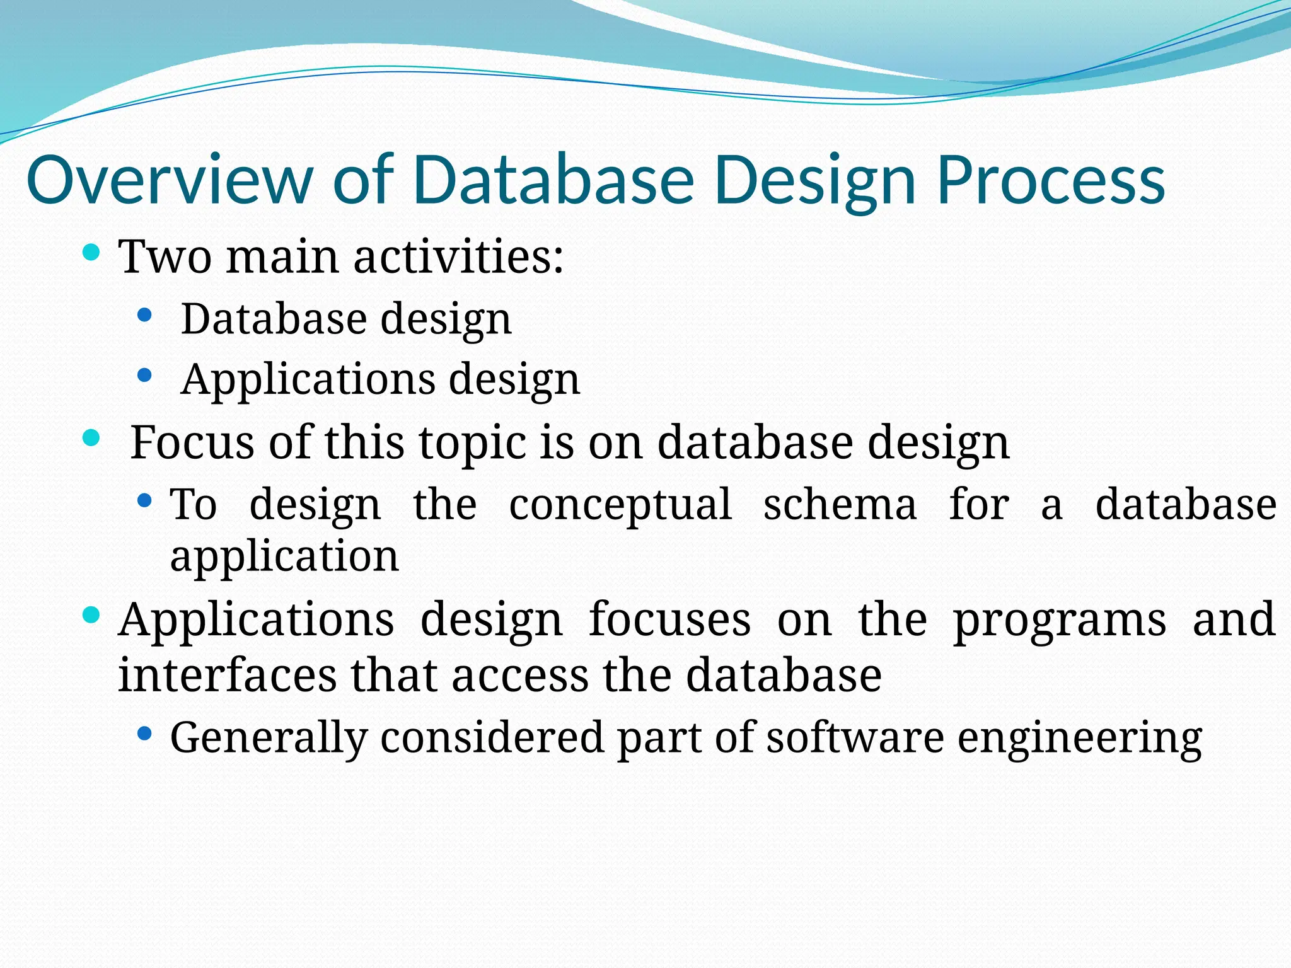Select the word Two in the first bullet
tap(165, 257)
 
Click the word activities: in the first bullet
tap(458, 257)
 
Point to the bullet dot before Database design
tap(144, 315)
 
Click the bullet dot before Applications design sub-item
tap(144, 376)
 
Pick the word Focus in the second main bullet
tap(192, 442)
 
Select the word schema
tap(840, 504)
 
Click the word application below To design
tap(284, 557)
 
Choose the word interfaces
tap(227, 675)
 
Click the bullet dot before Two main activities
tap(92, 253)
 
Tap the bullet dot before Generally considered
tap(144, 734)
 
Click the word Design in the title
tap(814, 181)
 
